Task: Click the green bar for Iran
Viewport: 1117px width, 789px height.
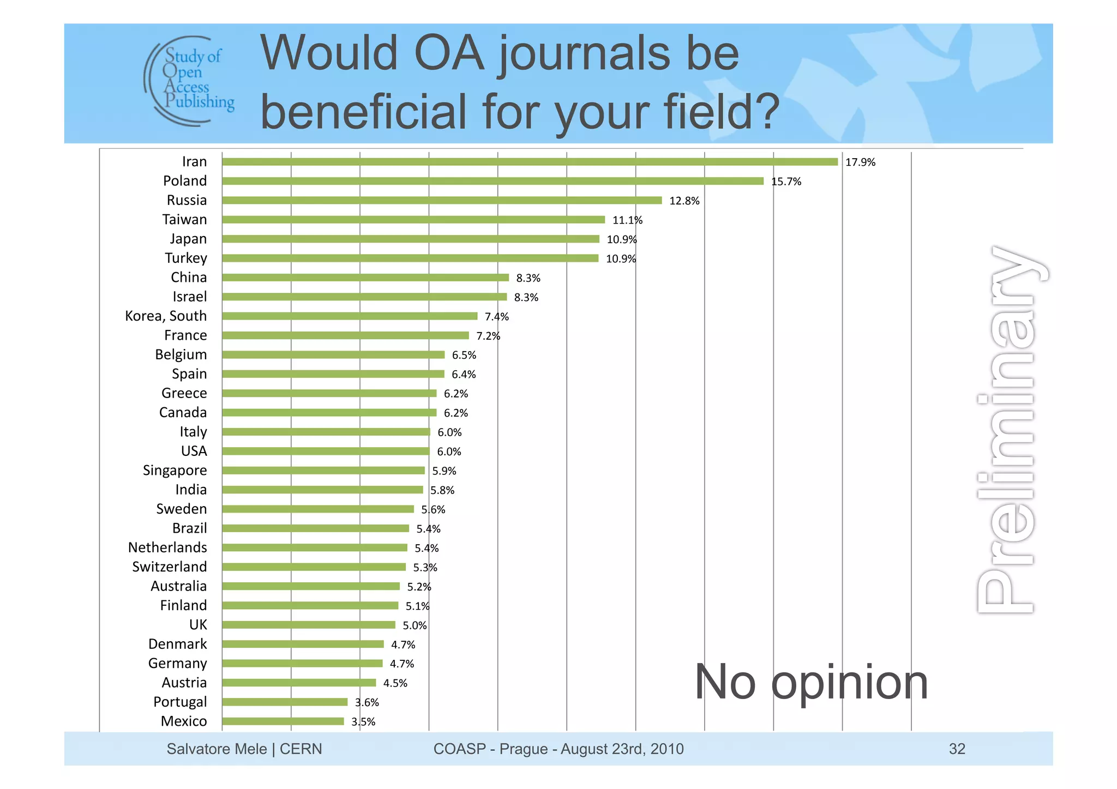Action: pyautogui.click(x=529, y=162)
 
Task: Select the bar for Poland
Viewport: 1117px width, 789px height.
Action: pyautogui.click(x=493, y=181)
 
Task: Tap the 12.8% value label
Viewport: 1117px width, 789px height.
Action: pyautogui.click(x=684, y=201)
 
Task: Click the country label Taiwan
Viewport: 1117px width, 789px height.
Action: pyautogui.click(x=184, y=220)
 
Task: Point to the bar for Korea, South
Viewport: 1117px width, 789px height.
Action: pyautogui.click(x=349, y=316)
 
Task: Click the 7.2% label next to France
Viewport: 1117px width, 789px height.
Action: pyautogui.click(x=488, y=336)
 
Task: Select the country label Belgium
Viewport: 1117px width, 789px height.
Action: pyautogui.click(x=181, y=355)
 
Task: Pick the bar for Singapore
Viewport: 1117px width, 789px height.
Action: pyautogui.click(x=323, y=471)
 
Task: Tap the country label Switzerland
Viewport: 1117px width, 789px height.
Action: pyautogui.click(x=169, y=567)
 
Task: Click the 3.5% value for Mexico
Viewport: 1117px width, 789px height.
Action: pyautogui.click(x=363, y=722)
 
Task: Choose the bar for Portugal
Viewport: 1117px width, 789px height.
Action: pyautogui.click(x=284, y=702)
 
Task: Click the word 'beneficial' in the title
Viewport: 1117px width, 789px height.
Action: pyautogui.click(x=363, y=112)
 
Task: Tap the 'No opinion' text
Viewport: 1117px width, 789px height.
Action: pyautogui.click(x=810, y=683)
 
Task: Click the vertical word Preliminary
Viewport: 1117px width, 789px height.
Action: pyautogui.click(x=1010, y=431)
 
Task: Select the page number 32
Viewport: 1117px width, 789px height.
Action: pyautogui.click(x=957, y=749)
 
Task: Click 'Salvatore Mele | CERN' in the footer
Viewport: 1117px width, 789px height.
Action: pyautogui.click(x=244, y=749)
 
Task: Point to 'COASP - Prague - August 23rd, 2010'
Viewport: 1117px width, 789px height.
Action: pyautogui.click(x=558, y=749)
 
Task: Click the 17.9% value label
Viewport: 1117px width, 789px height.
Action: pyautogui.click(x=860, y=162)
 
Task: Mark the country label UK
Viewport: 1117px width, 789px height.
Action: pyautogui.click(x=198, y=625)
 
